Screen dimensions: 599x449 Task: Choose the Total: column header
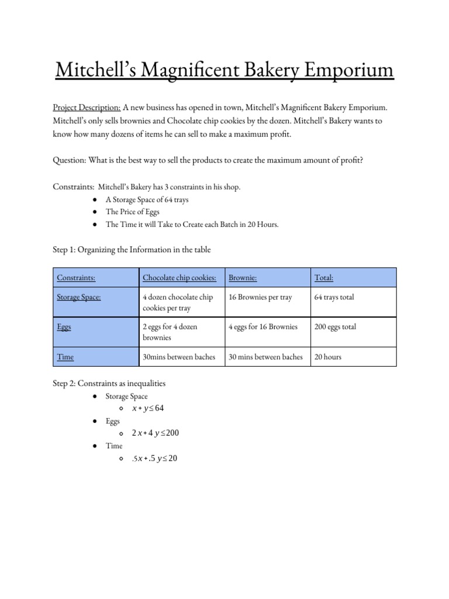[x=324, y=277]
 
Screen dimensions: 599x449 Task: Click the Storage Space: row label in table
[x=78, y=297]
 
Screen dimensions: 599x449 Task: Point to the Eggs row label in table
[x=64, y=327]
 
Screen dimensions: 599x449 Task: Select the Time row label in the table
[x=65, y=356]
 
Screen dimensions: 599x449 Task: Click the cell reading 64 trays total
[x=334, y=297]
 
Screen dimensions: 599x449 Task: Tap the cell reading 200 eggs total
[x=336, y=327]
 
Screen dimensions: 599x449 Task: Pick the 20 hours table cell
[x=328, y=356]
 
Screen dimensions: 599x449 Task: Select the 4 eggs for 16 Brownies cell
[x=263, y=327]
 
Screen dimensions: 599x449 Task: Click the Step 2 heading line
[x=109, y=384]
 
